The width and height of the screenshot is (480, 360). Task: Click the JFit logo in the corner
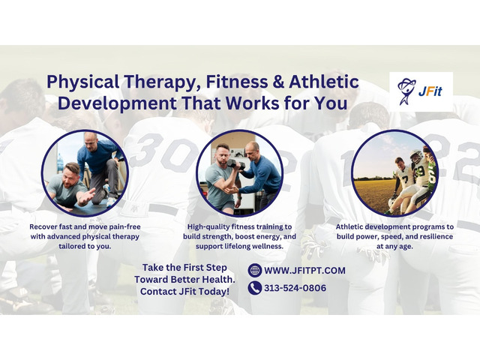click(421, 92)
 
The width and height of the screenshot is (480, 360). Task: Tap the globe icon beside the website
click(255, 270)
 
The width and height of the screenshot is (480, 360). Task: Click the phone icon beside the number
click(255, 287)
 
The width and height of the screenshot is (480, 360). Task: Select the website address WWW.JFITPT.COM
click(295, 270)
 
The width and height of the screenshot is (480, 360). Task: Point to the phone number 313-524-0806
click(295, 287)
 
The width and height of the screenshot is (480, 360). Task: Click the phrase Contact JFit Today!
click(185, 290)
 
